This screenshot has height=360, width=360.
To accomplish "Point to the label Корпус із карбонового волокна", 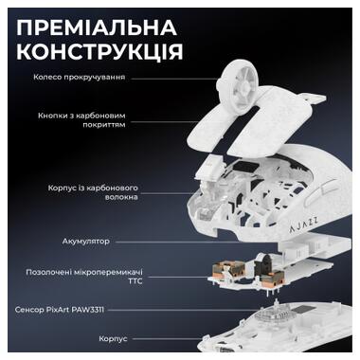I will point(99,193).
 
